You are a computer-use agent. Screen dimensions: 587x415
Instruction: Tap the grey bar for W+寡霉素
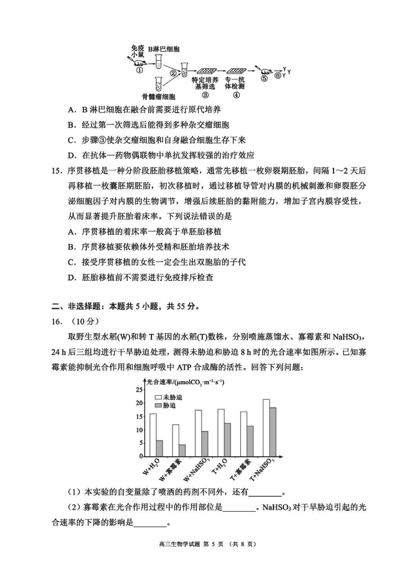(x=182, y=451)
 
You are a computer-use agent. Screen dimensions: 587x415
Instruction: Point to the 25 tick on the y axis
(x=139, y=390)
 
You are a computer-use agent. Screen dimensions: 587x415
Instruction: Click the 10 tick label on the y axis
(x=139, y=430)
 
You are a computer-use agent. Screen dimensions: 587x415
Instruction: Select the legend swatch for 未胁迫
(x=158, y=397)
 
